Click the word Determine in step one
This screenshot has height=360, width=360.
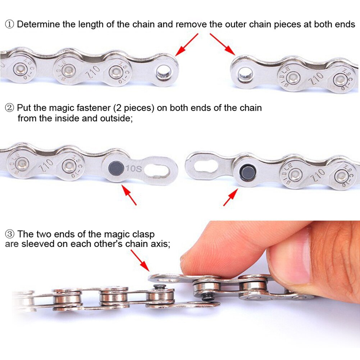pyautogui.click(x=36, y=24)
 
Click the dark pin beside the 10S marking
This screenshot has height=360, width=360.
pyautogui.click(x=115, y=167)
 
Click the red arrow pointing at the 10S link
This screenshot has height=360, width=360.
pyautogui.click(x=129, y=195)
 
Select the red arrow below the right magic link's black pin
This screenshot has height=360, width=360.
pyautogui.click(x=230, y=197)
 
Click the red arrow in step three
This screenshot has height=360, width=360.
pyautogui.click(x=140, y=260)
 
